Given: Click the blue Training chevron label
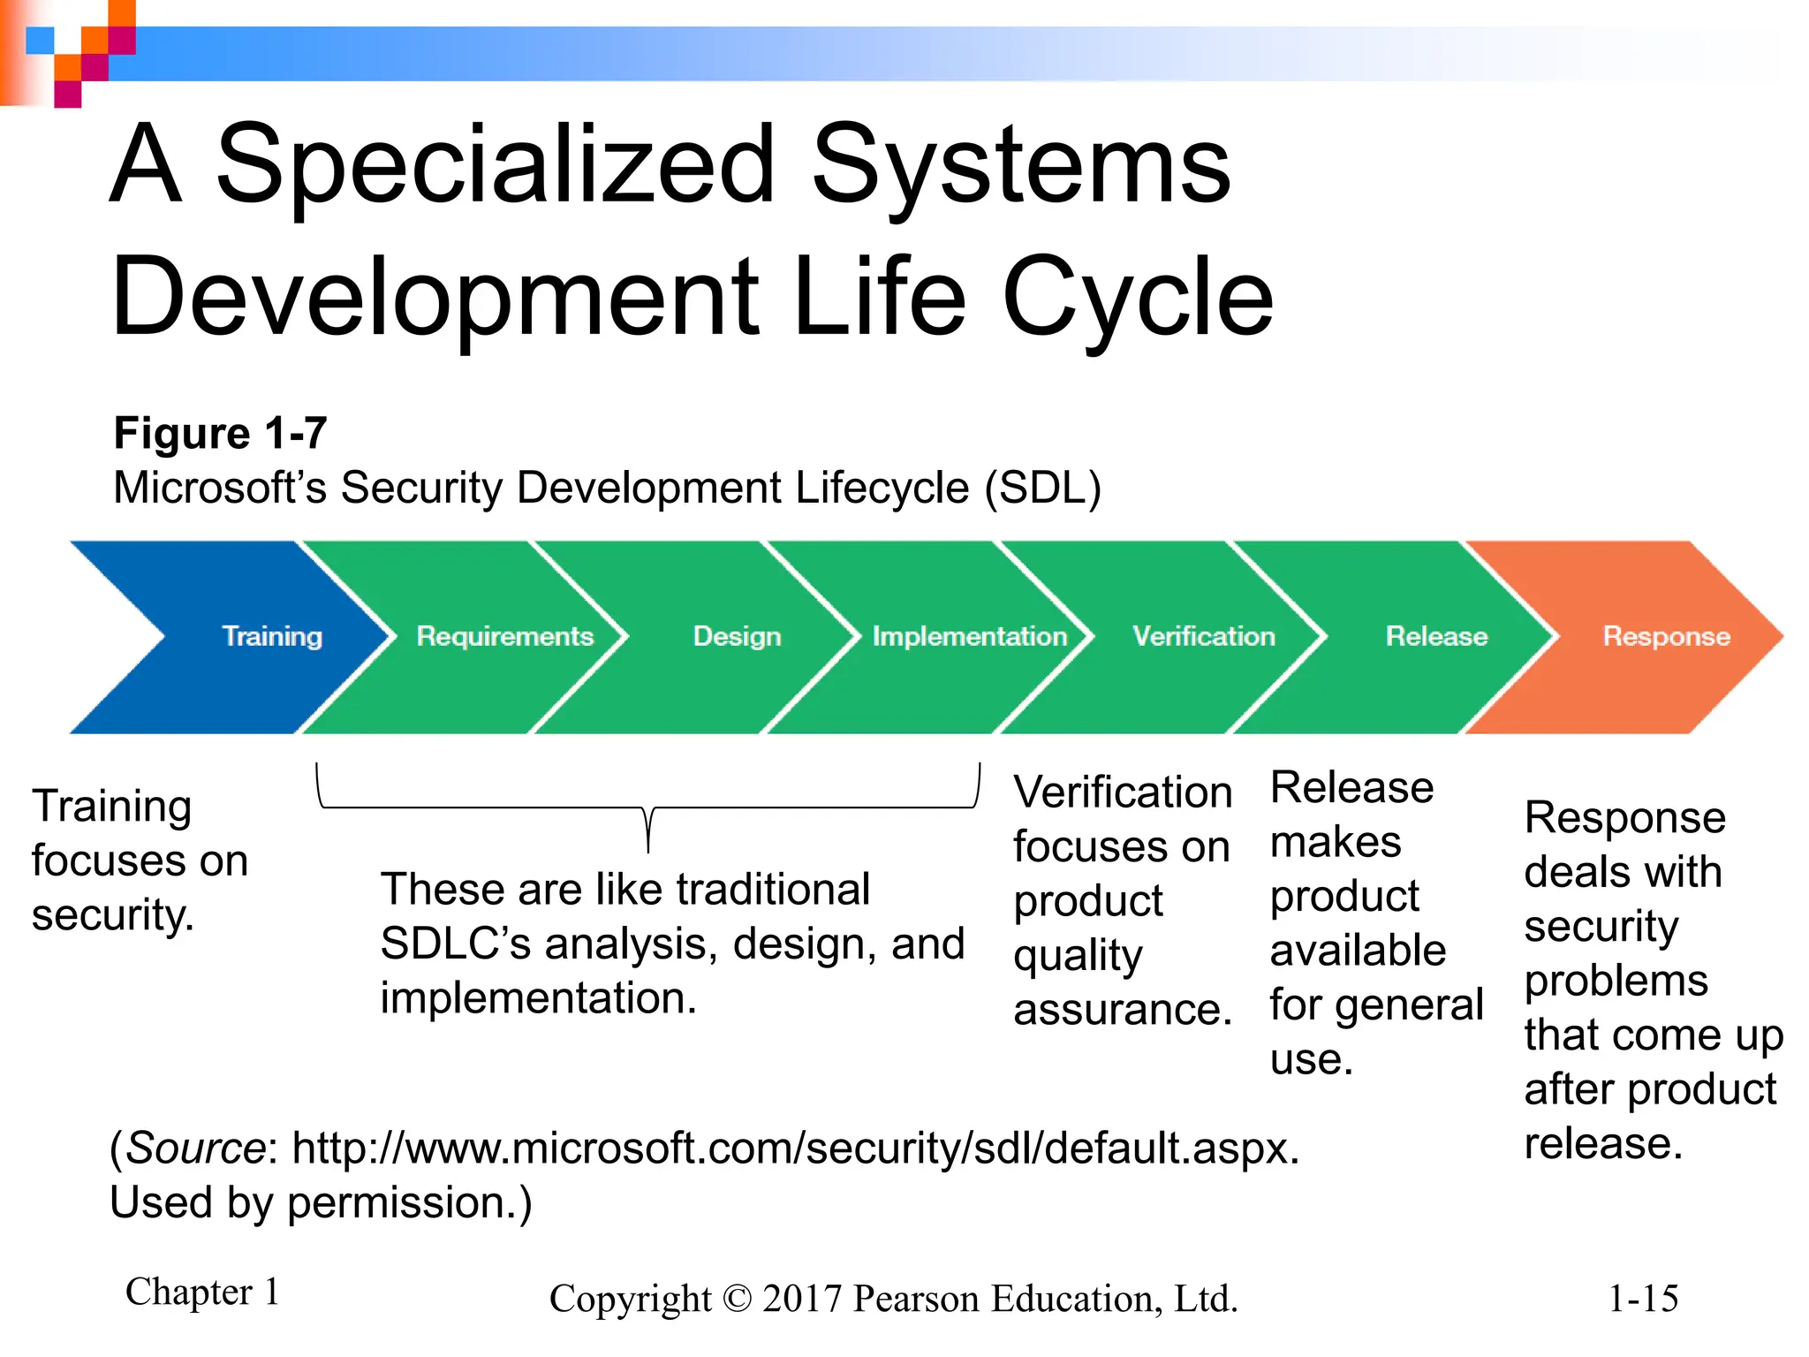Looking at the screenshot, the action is pos(272,636).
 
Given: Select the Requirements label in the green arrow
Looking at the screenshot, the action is pos(504,636).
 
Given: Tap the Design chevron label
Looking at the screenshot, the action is pos(737,636).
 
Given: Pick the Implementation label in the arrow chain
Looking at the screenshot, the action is pos(970,636).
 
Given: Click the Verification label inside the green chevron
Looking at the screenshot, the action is pos(1203,636).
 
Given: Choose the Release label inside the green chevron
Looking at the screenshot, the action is pos(1436,636).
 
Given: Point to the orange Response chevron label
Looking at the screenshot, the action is pos(1666,636).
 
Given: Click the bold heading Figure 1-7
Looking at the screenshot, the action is pos(220,433).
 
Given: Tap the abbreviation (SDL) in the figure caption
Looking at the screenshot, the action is pos(1043,488).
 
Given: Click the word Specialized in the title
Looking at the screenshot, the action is pos(496,164).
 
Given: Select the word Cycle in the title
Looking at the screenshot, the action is pos(1138,297).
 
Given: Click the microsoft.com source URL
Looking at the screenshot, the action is pos(795,1148).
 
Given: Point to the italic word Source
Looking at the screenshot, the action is pos(195,1148).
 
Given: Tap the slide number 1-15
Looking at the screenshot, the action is pos(1643,1298).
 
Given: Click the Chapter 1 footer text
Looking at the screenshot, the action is pos(202,1292).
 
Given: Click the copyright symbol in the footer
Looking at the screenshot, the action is pos(737,1299).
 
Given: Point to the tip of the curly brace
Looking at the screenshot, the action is pos(648,850).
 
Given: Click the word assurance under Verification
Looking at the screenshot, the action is pos(1122,1009).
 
